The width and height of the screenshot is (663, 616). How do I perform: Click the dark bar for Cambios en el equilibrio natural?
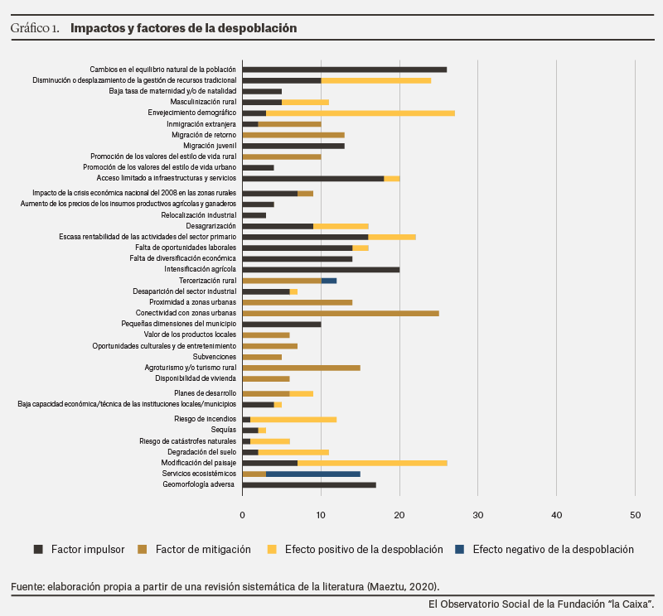345,70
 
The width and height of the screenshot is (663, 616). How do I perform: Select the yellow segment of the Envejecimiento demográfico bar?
361,113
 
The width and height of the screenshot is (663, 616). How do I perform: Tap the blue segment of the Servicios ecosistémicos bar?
313,474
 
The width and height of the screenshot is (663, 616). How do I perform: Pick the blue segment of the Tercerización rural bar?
329,281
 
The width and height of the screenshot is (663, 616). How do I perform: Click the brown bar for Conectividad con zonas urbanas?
341,314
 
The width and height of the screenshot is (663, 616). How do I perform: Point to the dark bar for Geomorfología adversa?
309,485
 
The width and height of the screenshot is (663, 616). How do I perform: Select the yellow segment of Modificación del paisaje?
372,464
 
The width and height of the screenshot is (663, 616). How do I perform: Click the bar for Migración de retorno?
293,135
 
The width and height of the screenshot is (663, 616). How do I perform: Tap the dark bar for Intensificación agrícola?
321,270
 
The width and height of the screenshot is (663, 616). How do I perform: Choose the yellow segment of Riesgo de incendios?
293,420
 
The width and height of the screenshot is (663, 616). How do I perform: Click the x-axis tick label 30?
478,515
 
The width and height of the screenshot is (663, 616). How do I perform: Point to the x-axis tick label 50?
635,515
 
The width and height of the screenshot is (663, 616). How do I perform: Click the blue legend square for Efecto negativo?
460,549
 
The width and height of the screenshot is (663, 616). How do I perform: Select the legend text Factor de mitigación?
203,549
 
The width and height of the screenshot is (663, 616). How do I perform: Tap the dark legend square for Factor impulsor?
38,549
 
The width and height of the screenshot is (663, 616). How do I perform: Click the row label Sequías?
223,430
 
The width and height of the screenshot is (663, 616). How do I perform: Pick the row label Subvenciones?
215,357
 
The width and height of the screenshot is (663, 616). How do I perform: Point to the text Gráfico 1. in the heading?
35,28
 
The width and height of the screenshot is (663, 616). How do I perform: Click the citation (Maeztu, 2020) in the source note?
403,587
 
